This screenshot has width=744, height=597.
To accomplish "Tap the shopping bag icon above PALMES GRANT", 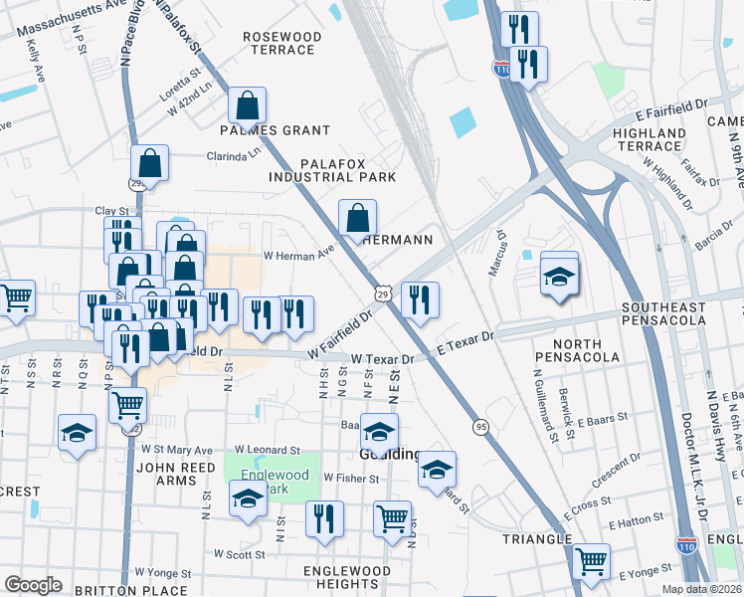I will (x=247, y=104).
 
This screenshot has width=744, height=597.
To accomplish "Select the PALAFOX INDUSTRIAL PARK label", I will (x=332, y=169).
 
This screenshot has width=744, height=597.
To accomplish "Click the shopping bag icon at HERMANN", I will (x=358, y=217).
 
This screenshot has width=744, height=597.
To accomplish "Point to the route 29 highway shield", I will (x=383, y=293).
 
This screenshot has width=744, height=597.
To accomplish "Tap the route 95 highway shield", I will (x=480, y=425).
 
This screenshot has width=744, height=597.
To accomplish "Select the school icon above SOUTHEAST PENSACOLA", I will (x=559, y=276).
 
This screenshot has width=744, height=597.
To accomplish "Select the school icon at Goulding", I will (x=379, y=432).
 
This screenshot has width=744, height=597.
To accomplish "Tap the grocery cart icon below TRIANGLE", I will (x=591, y=561).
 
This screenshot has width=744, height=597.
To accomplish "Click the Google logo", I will (x=33, y=585).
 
